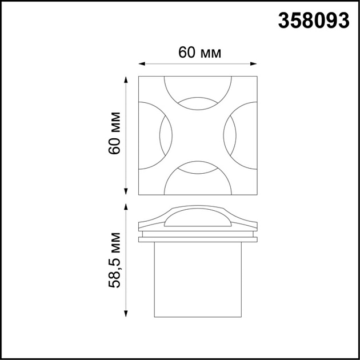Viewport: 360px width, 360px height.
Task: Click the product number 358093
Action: point(314,21)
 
